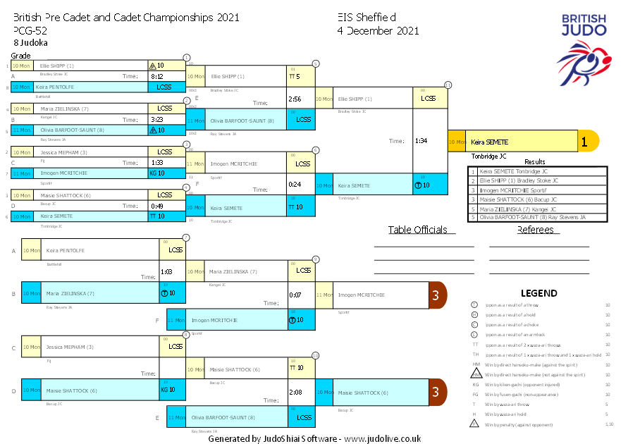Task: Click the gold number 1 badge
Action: point(584,142)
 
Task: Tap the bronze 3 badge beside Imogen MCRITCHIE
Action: point(437,295)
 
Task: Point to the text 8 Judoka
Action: point(30,42)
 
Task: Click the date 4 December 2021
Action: point(378,30)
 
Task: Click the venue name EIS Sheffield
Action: point(367,17)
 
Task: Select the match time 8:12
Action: point(157,76)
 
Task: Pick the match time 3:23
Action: point(157,119)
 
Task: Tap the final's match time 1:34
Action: point(421,141)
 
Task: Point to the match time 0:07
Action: point(295,295)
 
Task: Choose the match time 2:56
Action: point(295,99)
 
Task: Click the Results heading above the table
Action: point(535,162)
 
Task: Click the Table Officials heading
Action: point(418,230)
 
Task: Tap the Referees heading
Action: point(535,230)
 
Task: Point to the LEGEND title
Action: point(538,293)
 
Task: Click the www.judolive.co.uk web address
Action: point(382,438)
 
